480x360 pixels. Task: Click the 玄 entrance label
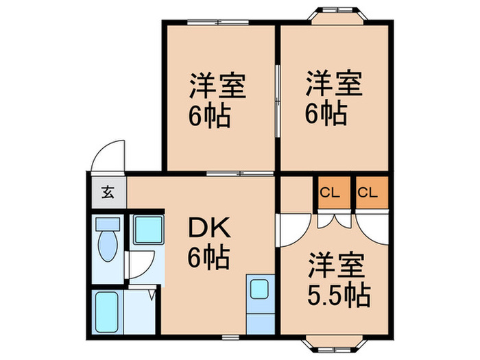107,192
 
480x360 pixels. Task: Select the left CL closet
331,193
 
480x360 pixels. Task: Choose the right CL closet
368,193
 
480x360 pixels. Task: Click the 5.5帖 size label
339,296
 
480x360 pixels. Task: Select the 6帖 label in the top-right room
326,114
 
